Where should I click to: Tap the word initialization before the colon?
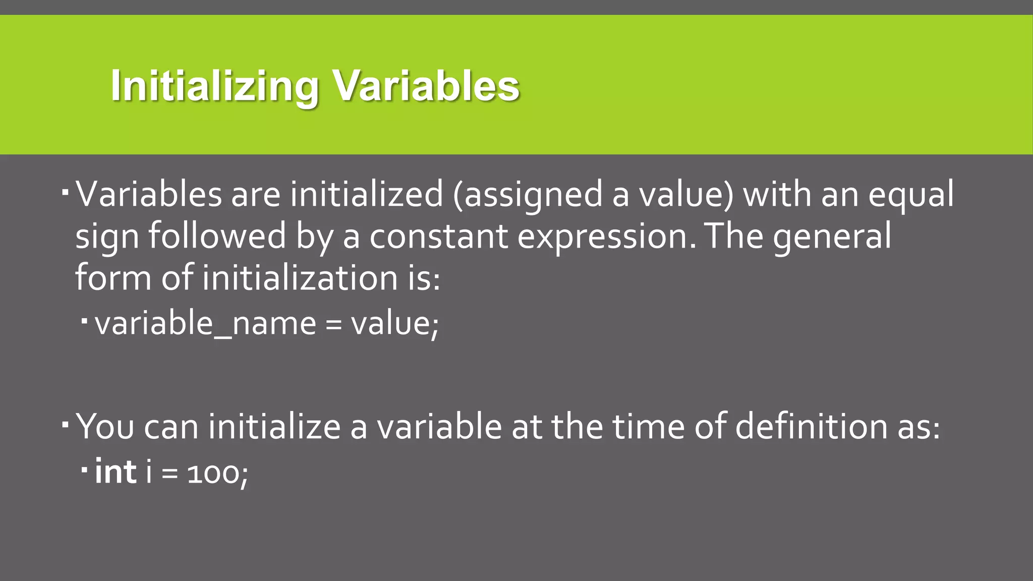pyautogui.click(x=301, y=278)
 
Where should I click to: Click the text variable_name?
pyautogui.click(x=205, y=323)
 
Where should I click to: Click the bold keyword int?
pyautogui.click(x=116, y=472)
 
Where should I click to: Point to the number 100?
pyautogui.click(x=212, y=474)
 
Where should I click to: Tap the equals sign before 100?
pyautogui.click(x=170, y=475)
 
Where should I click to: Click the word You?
pyautogui.click(x=105, y=427)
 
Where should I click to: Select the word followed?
pyautogui.click(x=217, y=237)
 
